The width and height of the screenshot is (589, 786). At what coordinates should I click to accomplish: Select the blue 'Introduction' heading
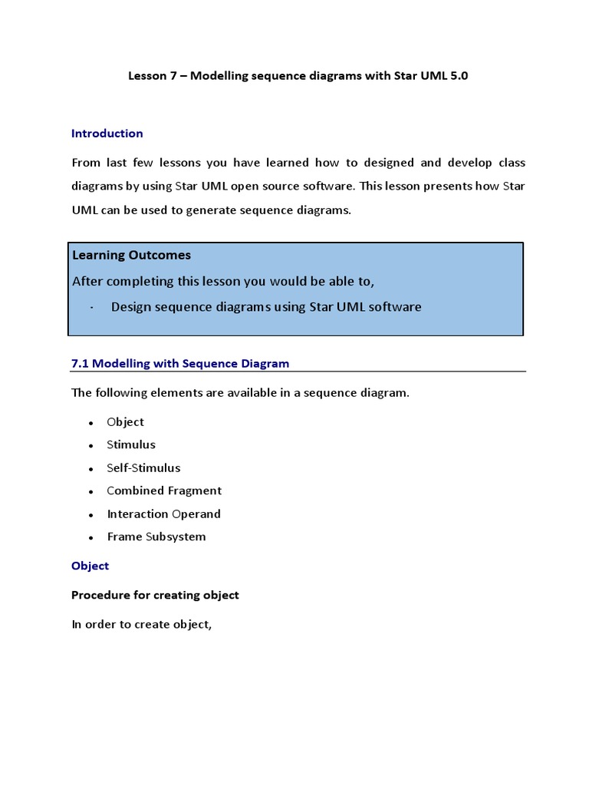(x=107, y=134)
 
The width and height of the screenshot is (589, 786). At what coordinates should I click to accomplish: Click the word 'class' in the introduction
(x=510, y=163)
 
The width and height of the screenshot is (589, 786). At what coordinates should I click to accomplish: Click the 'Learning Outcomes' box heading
(x=131, y=255)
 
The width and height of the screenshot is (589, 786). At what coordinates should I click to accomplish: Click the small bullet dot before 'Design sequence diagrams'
(x=91, y=308)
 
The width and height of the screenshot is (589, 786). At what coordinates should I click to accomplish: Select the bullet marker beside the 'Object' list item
(x=90, y=423)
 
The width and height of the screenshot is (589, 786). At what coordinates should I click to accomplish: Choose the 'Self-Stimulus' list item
(x=143, y=467)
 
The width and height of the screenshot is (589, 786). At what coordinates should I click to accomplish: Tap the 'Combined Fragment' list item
(x=163, y=490)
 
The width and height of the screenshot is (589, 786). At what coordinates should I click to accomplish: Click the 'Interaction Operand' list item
(x=163, y=514)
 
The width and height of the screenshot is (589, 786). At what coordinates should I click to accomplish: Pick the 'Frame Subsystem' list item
(x=156, y=537)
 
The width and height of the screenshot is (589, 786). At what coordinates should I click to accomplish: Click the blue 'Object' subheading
(x=90, y=566)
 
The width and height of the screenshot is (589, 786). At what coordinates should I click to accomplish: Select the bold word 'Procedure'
(x=98, y=595)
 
